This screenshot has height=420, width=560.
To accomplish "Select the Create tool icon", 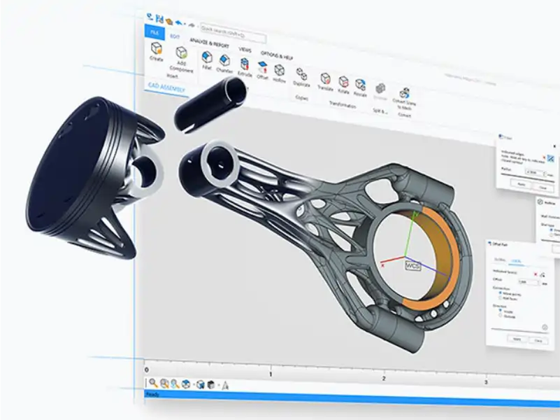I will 157,49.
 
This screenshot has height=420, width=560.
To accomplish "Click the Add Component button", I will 182,55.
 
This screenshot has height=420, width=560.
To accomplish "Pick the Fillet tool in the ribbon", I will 207,57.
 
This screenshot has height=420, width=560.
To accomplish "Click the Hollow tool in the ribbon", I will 279,70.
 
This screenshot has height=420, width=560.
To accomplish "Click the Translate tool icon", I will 326,78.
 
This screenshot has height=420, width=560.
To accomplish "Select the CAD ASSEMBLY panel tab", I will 166,87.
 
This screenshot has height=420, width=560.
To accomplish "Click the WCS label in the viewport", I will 412,265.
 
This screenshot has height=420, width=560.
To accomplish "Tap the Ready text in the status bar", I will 152,395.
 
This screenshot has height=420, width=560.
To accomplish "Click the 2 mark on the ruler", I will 384,378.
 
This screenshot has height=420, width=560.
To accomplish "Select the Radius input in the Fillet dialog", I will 534,172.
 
